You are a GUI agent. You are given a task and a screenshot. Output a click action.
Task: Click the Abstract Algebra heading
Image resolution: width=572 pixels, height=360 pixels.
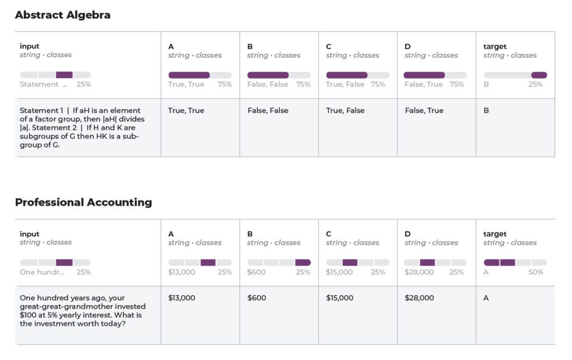point(63,15)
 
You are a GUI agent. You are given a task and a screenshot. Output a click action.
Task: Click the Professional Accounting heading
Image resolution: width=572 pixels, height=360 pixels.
point(83,202)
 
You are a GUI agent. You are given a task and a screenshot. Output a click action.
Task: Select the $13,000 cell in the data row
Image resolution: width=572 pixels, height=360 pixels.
point(182,298)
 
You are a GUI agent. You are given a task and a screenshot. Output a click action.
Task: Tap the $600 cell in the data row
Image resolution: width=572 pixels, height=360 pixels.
point(256,298)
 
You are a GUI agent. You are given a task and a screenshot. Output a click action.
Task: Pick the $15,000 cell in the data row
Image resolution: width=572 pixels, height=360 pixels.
point(340,298)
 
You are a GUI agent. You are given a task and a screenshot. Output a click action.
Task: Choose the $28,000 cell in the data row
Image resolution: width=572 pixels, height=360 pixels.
point(419,298)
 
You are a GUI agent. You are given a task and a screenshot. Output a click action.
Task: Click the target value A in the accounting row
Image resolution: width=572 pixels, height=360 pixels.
point(486,298)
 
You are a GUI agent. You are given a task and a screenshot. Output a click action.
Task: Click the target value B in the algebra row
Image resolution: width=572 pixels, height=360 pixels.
point(486,111)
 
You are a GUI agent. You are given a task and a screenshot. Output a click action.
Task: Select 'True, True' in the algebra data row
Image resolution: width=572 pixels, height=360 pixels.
point(186,111)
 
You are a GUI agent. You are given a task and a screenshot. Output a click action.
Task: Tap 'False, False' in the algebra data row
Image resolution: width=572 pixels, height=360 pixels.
point(268,111)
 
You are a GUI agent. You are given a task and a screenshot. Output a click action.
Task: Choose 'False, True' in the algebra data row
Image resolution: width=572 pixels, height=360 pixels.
point(424,111)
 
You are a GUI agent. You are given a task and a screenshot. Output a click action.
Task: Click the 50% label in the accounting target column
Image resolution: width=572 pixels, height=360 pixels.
point(536,272)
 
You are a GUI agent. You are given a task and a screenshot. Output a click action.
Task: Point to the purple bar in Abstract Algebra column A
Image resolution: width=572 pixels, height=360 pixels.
point(189,75)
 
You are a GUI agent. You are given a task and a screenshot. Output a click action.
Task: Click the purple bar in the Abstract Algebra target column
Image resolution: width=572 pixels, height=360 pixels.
point(539,75)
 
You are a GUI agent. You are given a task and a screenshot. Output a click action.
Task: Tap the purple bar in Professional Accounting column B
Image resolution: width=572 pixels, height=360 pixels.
point(303,262)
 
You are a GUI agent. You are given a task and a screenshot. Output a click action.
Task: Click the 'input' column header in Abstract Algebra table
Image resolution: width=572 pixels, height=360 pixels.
point(30,46)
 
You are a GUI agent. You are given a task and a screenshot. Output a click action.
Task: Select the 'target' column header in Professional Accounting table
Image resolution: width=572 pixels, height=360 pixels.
point(494,234)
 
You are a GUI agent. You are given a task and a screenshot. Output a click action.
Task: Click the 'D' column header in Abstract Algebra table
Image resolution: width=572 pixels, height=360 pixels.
point(407,46)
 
